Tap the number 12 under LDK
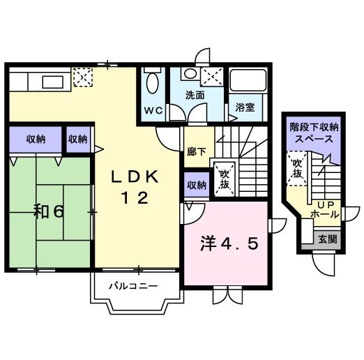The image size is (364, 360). pyautogui.click(x=136, y=197)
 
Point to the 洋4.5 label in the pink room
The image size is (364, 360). pyautogui.click(x=230, y=244)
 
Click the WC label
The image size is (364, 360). pyautogui.click(x=153, y=111)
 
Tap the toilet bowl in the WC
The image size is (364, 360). pyautogui.click(x=153, y=84)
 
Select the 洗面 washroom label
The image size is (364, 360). pyautogui.click(x=195, y=95)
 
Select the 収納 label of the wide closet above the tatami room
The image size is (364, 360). pyautogui.click(x=36, y=138)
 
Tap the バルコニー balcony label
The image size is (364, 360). pyautogui.click(x=132, y=285)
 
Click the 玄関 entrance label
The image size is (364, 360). pyautogui.click(x=328, y=238)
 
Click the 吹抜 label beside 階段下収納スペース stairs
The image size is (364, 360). pyautogui.click(x=298, y=168)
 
